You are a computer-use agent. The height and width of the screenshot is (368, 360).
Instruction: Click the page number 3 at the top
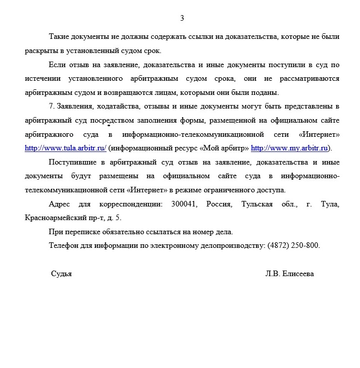(182, 18)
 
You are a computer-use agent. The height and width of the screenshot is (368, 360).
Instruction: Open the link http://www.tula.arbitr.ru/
(66, 148)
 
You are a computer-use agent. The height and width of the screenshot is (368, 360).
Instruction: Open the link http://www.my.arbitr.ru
(290, 148)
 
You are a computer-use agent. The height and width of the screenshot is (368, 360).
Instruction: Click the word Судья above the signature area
(61, 274)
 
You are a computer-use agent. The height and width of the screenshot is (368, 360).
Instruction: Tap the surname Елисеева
(299, 274)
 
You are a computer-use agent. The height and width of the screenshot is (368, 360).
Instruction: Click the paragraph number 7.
(50, 107)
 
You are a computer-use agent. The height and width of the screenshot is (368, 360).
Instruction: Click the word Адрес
(60, 204)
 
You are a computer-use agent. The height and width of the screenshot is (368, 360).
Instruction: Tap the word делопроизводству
(225, 246)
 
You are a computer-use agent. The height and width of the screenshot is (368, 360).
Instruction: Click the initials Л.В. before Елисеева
(273, 274)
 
